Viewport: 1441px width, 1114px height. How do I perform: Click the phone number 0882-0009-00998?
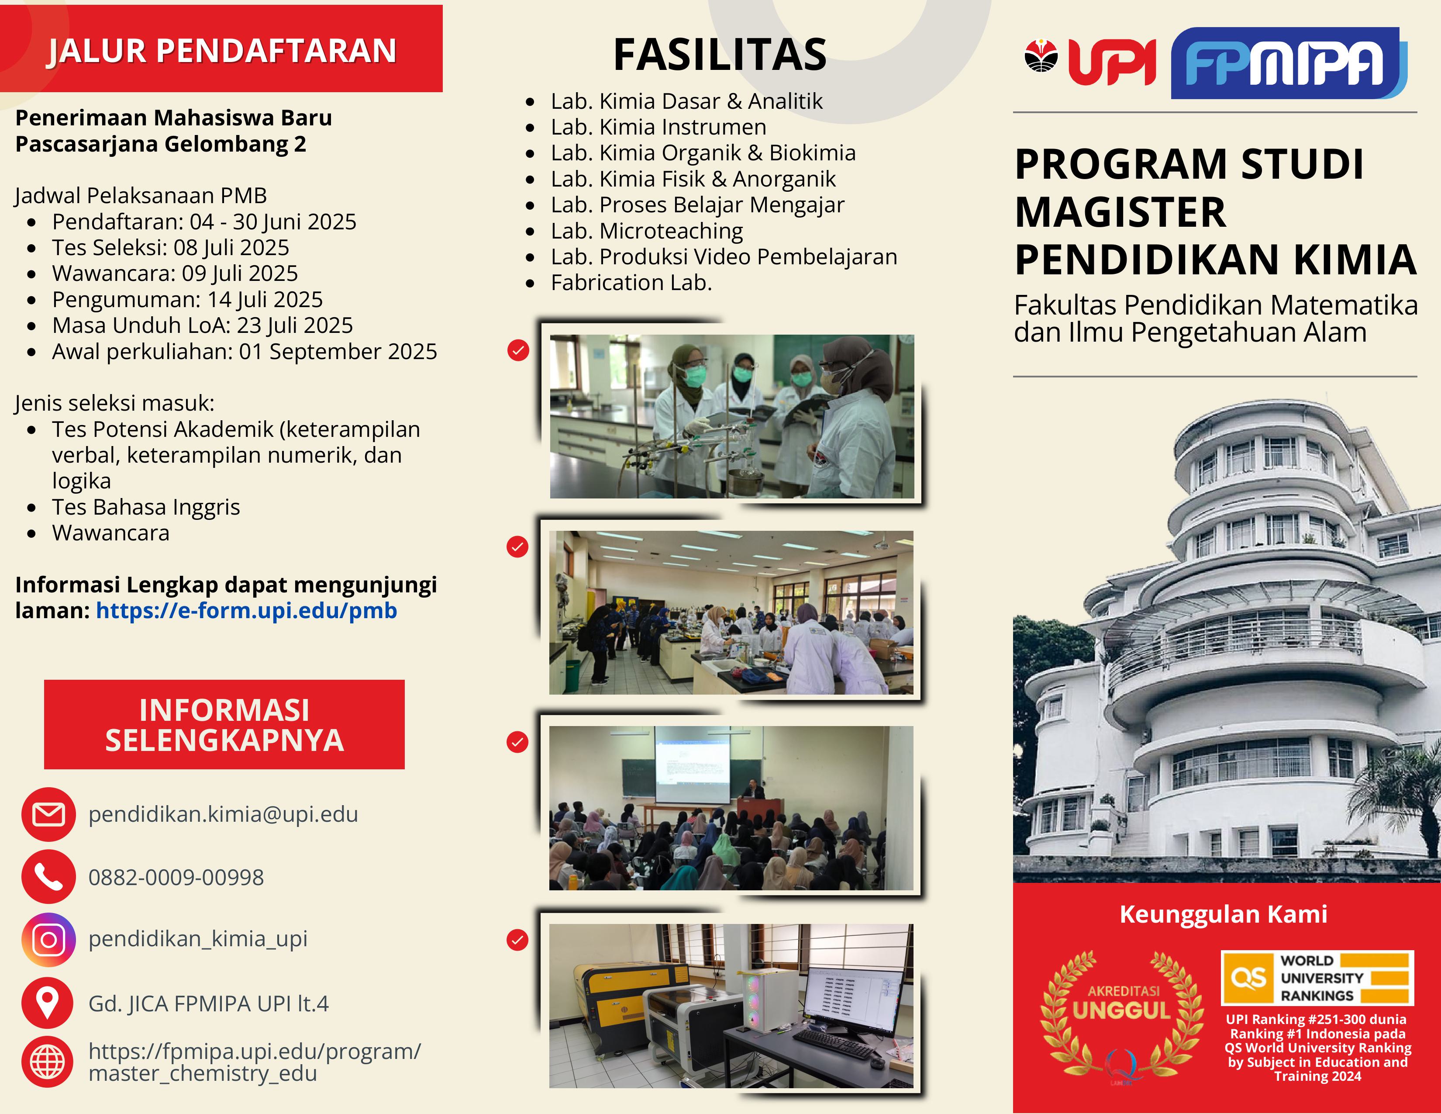pos(176,877)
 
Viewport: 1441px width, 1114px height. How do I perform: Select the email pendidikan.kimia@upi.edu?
pos(223,814)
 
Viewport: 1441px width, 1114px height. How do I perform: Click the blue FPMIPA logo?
pos(1289,63)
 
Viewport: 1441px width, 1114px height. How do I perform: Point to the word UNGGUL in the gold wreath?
pos(1122,1010)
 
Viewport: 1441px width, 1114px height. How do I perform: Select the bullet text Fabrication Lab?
pos(631,283)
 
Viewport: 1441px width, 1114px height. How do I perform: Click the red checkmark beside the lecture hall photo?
pos(517,742)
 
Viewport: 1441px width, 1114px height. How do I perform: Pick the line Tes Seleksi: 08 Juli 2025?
pos(171,247)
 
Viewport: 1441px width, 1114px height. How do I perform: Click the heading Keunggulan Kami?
pos(1223,914)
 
